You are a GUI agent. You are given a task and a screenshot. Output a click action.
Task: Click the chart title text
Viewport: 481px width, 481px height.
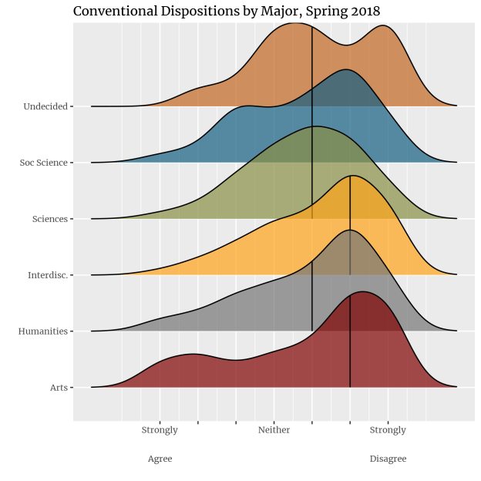(x=226, y=12)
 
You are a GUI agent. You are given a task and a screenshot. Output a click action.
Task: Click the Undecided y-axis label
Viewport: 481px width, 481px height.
(x=45, y=106)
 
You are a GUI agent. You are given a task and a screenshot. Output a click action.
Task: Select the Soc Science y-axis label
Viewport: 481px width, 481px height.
(x=44, y=163)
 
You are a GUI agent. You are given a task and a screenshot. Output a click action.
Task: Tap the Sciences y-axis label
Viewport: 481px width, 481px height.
(x=50, y=219)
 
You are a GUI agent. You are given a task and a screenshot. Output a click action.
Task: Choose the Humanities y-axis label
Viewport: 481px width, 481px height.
(x=43, y=331)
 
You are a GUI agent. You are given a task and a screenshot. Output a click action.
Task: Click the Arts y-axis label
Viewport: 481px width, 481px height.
(x=58, y=387)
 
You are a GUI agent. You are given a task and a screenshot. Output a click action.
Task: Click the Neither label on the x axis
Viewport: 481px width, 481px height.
(x=274, y=430)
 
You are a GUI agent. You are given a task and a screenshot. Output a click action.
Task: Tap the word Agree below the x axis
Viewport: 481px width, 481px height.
(x=160, y=459)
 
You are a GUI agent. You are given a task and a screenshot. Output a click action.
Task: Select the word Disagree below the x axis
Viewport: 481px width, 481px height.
(x=388, y=459)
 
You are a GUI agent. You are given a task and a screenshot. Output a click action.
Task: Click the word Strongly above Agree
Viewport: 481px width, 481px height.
(x=160, y=430)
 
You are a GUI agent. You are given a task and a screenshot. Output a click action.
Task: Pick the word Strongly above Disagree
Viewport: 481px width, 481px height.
(x=388, y=430)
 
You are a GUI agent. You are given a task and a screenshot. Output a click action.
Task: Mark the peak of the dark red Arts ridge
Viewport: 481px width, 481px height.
(x=361, y=293)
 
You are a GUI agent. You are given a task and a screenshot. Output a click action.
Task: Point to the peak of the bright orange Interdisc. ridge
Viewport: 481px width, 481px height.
(x=351, y=177)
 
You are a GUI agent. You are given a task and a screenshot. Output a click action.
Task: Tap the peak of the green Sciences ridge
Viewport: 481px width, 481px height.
(x=314, y=126)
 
